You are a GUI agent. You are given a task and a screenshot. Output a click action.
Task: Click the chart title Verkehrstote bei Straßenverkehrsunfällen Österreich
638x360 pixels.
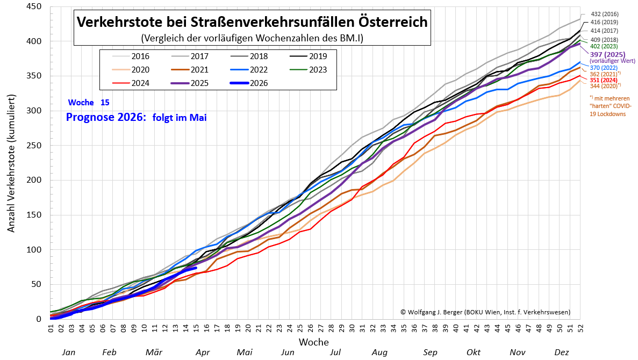pyautogui.click(x=252, y=22)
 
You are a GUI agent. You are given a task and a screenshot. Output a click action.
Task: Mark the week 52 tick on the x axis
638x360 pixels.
pyautogui.click(x=579, y=327)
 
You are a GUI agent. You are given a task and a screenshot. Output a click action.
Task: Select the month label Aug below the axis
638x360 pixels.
pyautogui.click(x=379, y=352)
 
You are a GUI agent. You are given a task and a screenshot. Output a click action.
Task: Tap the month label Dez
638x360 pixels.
pyautogui.click(x=562, y=352)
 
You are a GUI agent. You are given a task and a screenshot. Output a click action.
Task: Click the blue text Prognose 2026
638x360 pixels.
pyautogui.click(x=105, y=117)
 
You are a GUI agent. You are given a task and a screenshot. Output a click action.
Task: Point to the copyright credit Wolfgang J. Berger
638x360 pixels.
pyautogui.click(x=485, y=312)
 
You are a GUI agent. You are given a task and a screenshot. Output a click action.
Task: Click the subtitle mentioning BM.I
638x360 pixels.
pyautogui.click(x=252, y=38)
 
